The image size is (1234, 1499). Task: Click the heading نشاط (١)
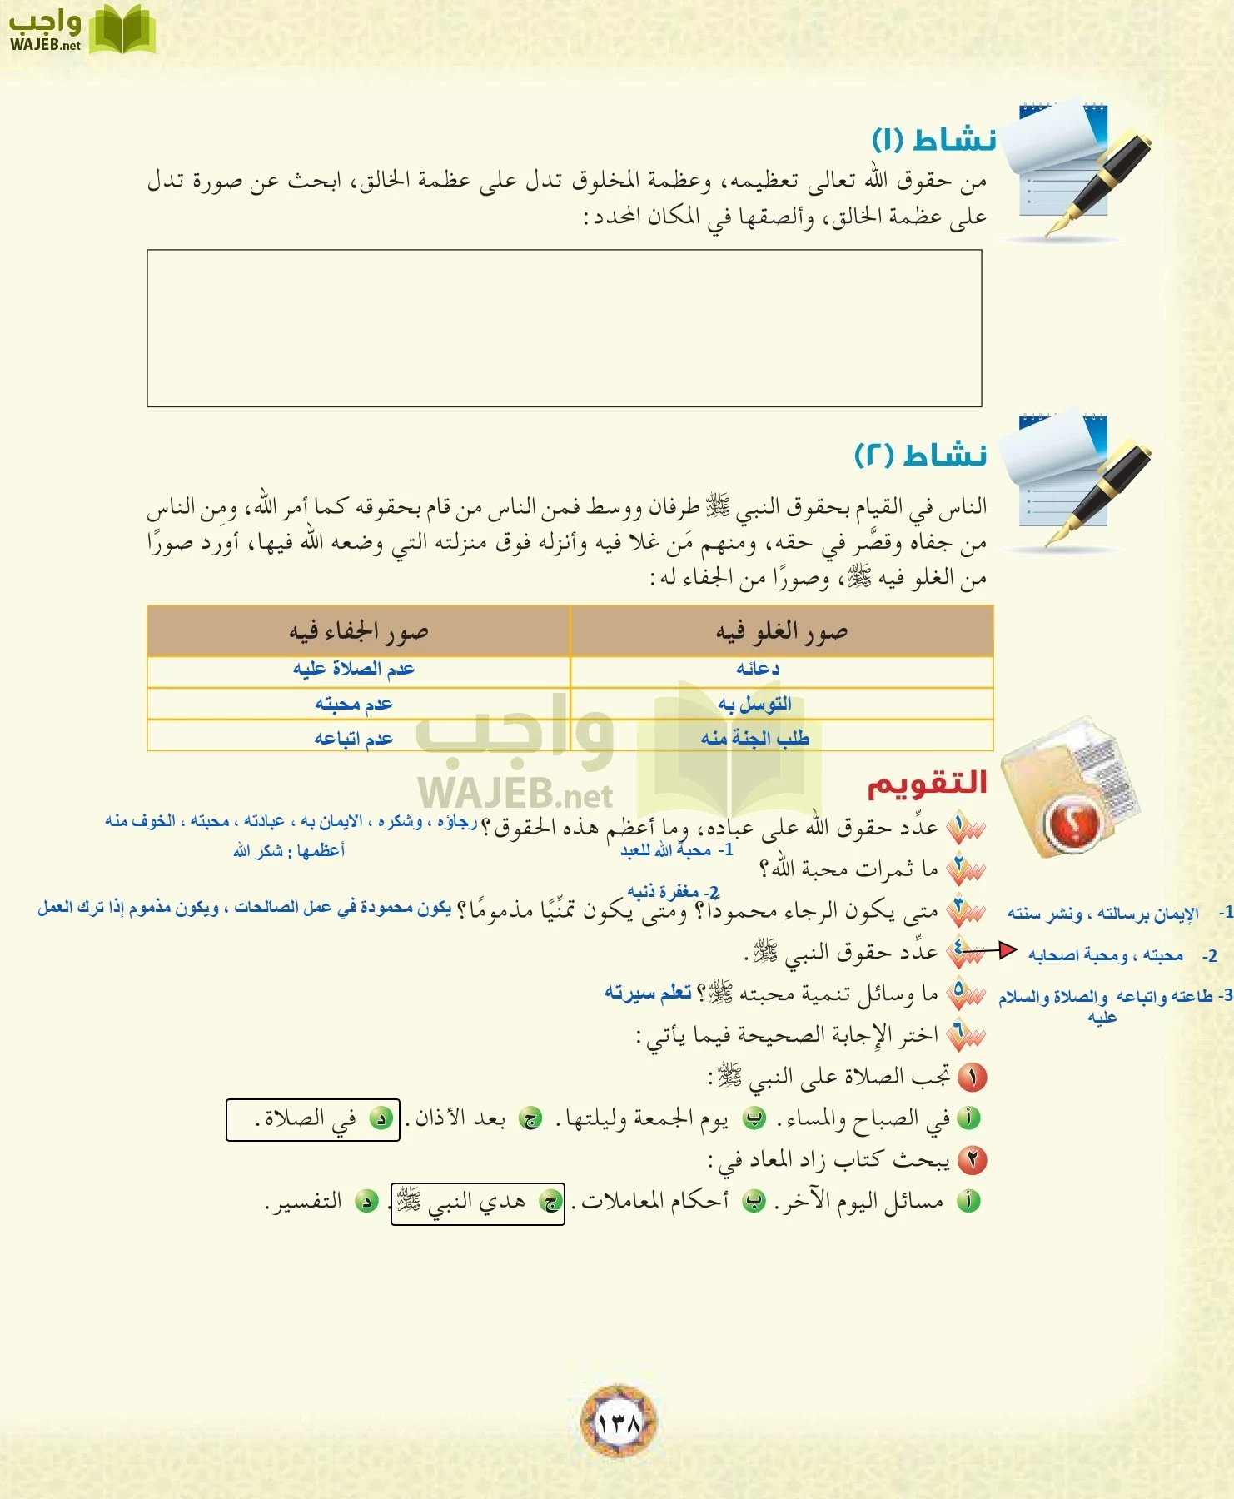click(x=933, y=139)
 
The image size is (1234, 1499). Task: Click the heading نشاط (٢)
click(x=921, y=455)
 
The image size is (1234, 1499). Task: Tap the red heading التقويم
click(x=927, y=783)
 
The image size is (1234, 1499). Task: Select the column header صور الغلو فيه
click(x=781, y=632)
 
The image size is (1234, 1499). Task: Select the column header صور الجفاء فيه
click(x=358, y=632)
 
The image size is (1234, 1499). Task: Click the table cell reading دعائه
click(x=757, y=669)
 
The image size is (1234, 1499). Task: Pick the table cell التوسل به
click(x=754, y=704)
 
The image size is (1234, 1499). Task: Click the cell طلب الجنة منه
click(x=754, y=738)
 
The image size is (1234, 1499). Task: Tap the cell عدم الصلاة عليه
click(x=353, y=669)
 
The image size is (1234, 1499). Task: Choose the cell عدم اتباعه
click(x=353, y=738)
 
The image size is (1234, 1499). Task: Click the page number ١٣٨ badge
click(x=618, y=1422)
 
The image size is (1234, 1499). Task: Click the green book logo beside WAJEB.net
click(x=122, y=31)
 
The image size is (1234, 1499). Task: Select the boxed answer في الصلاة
click(x=313, y=1119)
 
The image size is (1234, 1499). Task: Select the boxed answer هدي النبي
click(x=477, y=1203)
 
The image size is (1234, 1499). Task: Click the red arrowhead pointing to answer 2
click(x=1008, y=949)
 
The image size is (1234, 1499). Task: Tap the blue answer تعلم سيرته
click(x=648, y=993)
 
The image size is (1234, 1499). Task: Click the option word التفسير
click(x=305, y=1203)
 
